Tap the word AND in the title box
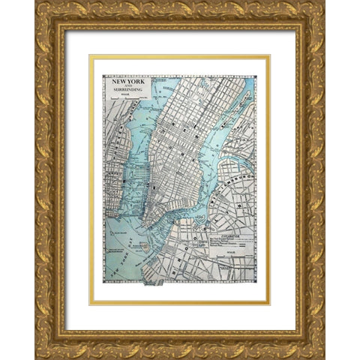124,88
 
